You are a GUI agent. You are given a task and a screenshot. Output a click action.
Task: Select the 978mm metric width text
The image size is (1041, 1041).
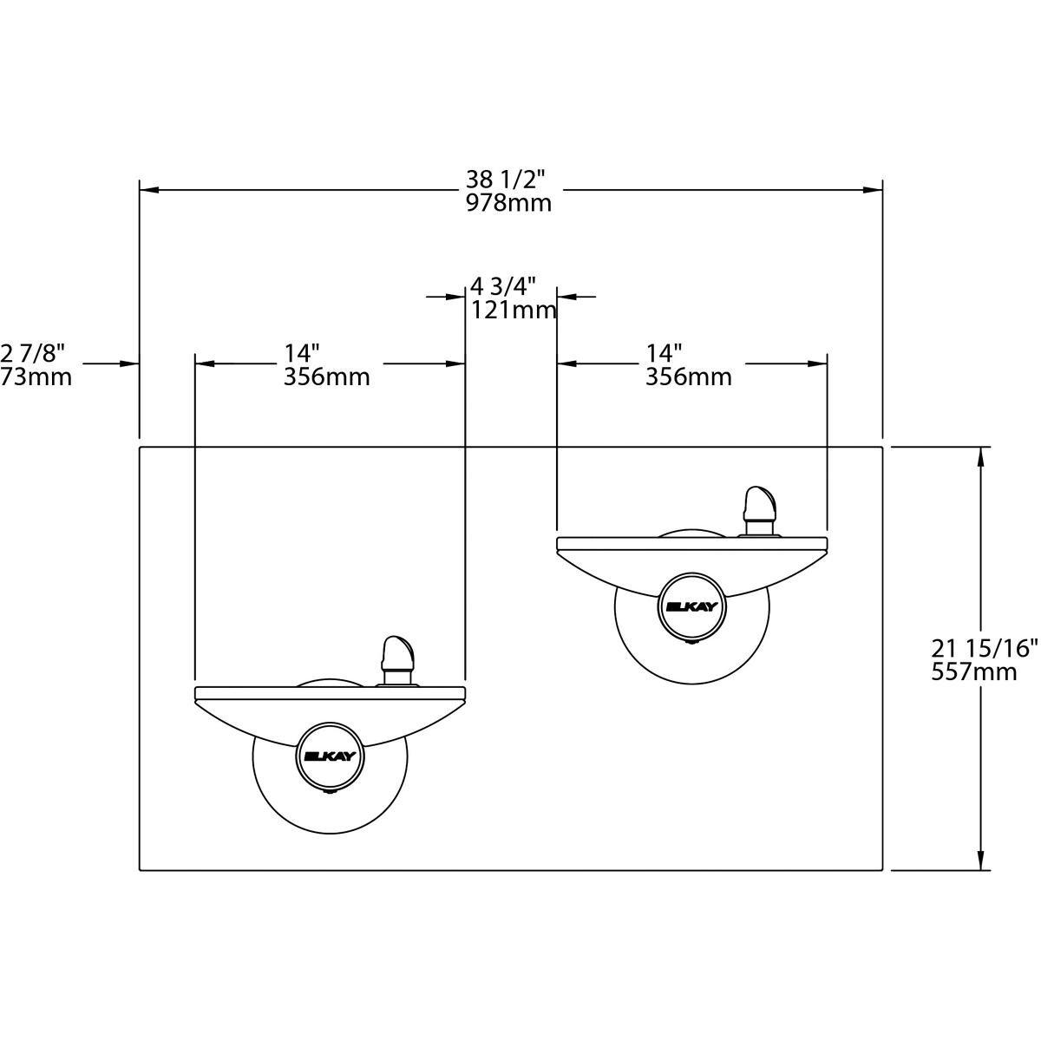pyautogui.click(x=508, y=203)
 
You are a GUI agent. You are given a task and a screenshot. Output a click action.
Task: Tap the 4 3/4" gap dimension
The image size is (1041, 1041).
pyautogui.click(x=503, y=285)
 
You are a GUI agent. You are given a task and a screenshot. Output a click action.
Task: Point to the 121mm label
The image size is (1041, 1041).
pyautogui.click(x=514, y=310)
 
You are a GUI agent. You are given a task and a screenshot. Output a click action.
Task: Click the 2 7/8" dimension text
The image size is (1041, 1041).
pyautogui.click(x=33, y=353)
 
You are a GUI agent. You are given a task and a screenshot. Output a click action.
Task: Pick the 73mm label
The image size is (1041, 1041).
pyautogui.click(x=36, y=376)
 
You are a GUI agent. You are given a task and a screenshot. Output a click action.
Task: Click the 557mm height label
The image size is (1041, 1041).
pyautogui.click(x=973, y=671)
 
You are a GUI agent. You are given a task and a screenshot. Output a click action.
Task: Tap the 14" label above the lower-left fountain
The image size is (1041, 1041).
pyautogui.click(x=302, y=353)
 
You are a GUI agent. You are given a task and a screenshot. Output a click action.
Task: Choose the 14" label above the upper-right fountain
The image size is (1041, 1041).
pyautogui.click(x=664, y=353)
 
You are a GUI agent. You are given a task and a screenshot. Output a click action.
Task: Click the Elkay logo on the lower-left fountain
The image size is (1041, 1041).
pyautogui.click(x=330, y=756)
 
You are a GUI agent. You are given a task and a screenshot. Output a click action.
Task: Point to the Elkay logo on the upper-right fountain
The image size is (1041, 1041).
pyautogui.click(x=691, y=606)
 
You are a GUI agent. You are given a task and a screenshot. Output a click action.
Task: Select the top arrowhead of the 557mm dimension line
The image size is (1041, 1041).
pyautogui.click(x=981, y=457)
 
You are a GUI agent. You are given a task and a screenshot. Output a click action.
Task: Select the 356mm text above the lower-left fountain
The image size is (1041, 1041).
pyautogui.click(x=326, y=377)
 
